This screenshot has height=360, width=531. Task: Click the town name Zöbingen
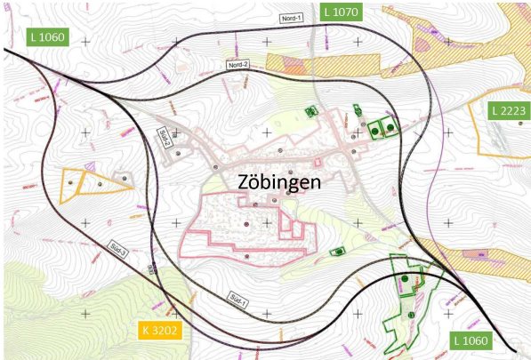pyautogui.click(x=279, y=181)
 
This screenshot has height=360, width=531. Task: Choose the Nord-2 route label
pyautogui.click(x=237, y=66)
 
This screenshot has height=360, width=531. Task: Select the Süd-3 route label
pyautogui.click(x=119, y=247)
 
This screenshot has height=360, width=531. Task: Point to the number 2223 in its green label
pyautogui.click(x=515, y=110)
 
